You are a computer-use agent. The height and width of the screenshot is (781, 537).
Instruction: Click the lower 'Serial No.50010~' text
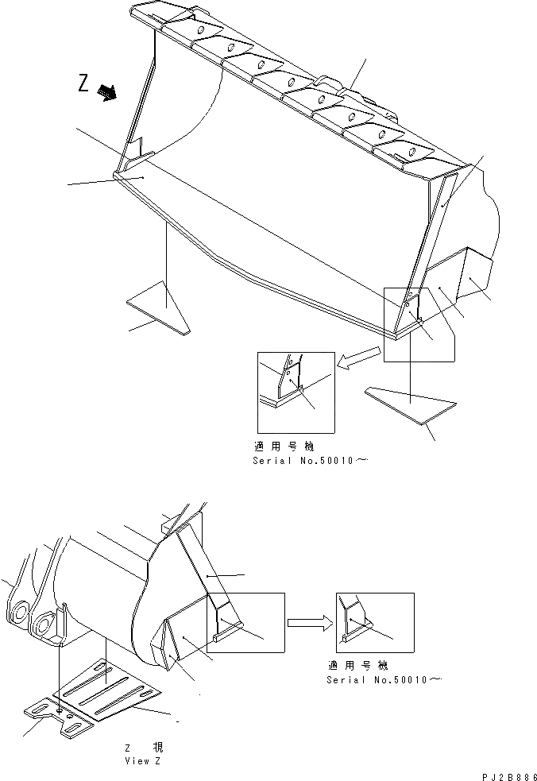tap(384, 680)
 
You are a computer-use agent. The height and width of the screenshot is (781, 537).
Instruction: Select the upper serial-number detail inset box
tap(296, 392)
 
